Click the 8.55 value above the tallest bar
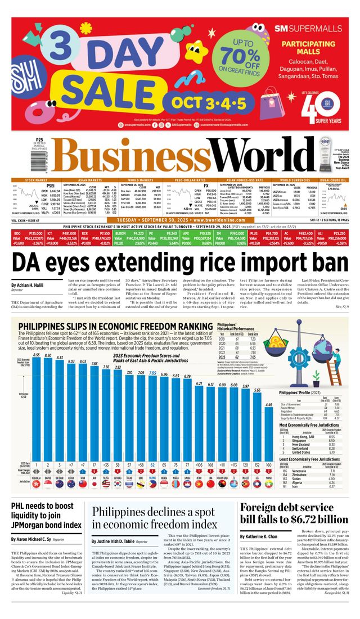point(35,339)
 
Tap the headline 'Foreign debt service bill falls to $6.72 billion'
point(294,512)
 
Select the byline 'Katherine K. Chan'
point(264,536)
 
